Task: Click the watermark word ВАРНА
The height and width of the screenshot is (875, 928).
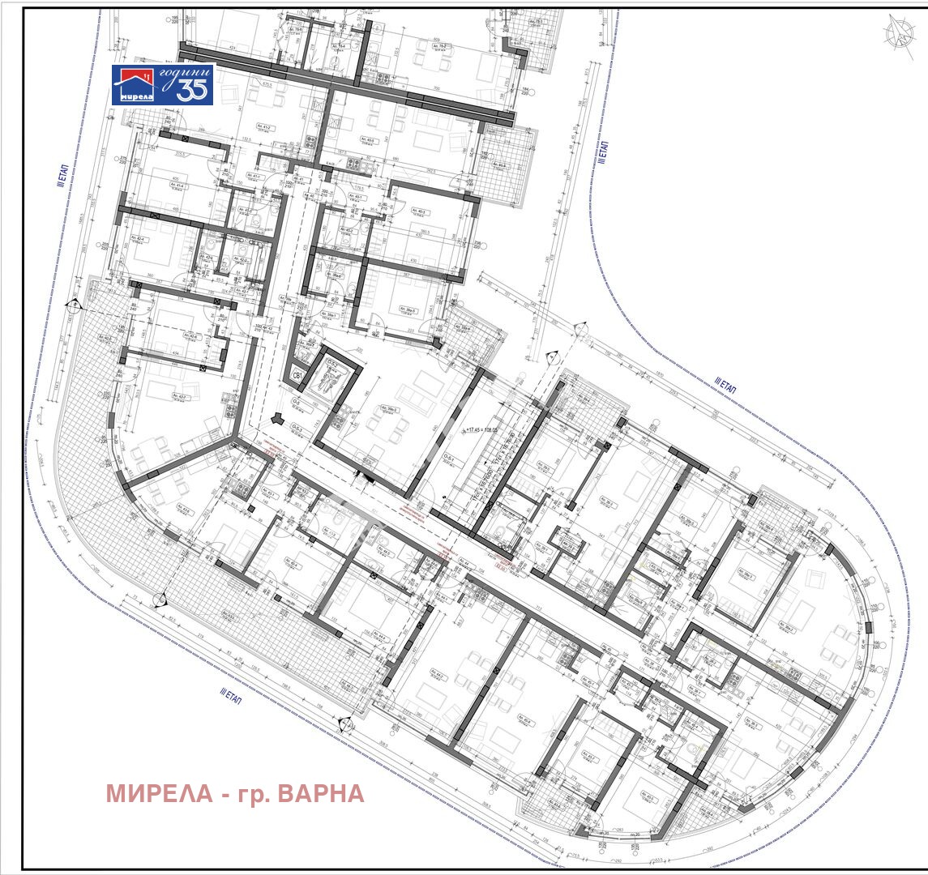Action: coord(320,794)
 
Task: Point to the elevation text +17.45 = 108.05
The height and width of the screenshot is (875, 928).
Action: coord(490,430)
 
